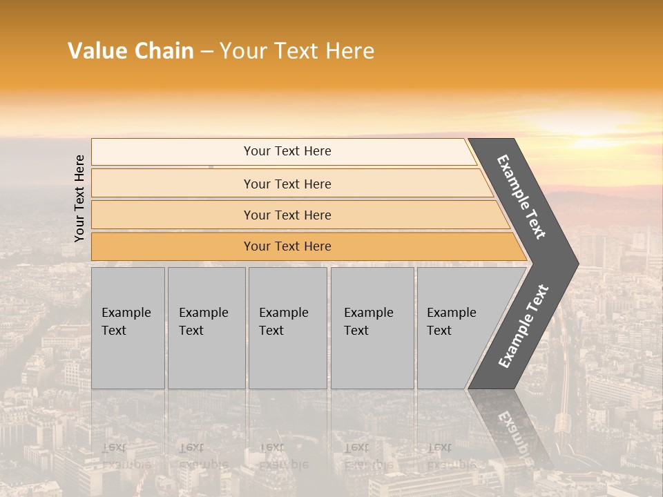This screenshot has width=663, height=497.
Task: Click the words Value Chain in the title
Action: [131, 51]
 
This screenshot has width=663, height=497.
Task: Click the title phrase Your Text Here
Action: [297, 51]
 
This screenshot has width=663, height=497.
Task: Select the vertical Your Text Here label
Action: [79, 198]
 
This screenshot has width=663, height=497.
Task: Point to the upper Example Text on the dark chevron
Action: [521, 197]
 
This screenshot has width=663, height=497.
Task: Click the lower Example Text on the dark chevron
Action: [523, 327]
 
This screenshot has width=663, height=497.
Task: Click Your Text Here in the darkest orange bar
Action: [287, 246]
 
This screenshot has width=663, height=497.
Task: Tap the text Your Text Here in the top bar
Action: [287, 151]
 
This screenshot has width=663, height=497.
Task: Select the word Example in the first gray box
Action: [126, 313]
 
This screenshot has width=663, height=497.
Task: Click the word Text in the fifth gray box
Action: [439, 331]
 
